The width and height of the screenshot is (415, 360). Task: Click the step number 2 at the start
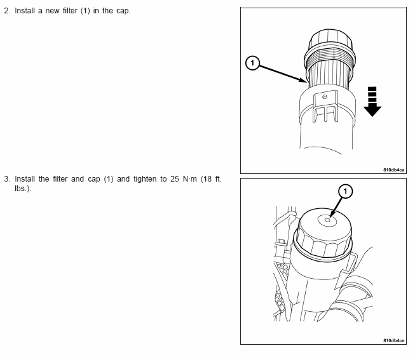pyautogui.click(x=6, y=11)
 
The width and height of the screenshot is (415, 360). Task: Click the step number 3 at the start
pyautogui.click(x=6, y=179)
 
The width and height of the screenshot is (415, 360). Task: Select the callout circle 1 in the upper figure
pyautogui.click(x=252, y=62)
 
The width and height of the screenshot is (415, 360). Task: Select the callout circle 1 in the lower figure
pyautogui.click(x=345, y=190)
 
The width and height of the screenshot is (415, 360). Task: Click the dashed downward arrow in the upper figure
pyautogui.click(x=372, y=102)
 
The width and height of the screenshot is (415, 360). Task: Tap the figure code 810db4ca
pyautogui.click(x=394, y=170)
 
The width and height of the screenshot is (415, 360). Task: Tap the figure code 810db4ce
pyautogui.click(x=394, y=340)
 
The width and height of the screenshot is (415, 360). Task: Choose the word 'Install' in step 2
pyautogui.click(x=24, y=11)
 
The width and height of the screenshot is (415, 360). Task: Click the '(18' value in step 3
pyautogui.click(x=207, y=179)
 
